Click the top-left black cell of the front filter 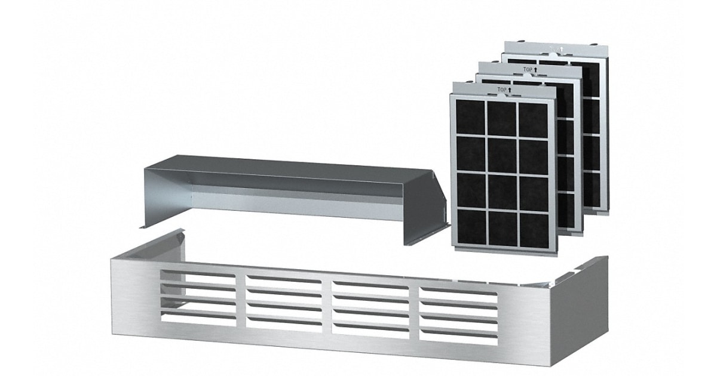(x=471, y=117)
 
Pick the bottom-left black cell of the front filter (x=471, y=226)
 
